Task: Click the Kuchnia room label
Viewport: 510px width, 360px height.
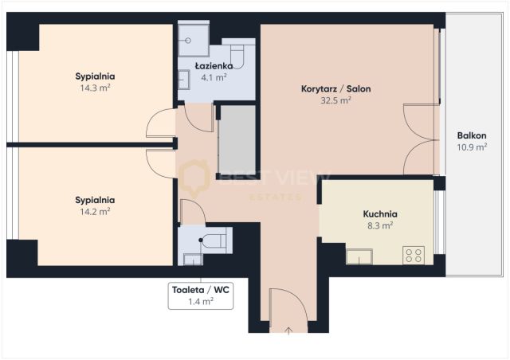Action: coord(379,213)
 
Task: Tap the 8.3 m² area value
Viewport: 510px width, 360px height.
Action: coord(379,225)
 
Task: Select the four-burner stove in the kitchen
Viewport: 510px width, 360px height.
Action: coord(414,256)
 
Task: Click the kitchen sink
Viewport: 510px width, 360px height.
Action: coord(359,256)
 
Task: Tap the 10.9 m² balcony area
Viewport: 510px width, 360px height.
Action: coord(471,147)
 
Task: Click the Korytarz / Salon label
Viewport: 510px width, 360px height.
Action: coord(335,88)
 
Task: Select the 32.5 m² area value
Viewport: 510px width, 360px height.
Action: coord(335,100)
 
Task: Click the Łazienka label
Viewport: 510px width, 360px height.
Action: coord(214,66)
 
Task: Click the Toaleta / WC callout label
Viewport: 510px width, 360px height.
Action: coord(202,290)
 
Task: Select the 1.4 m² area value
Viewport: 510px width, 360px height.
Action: coord(202,302)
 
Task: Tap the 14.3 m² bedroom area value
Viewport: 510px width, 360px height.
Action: coord(96,88)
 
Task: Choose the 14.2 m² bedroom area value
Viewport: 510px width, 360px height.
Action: coord(96,212)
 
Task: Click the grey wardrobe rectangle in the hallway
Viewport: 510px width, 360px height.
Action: coord(237,139)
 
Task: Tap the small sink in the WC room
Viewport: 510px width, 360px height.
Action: coord(191,258)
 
